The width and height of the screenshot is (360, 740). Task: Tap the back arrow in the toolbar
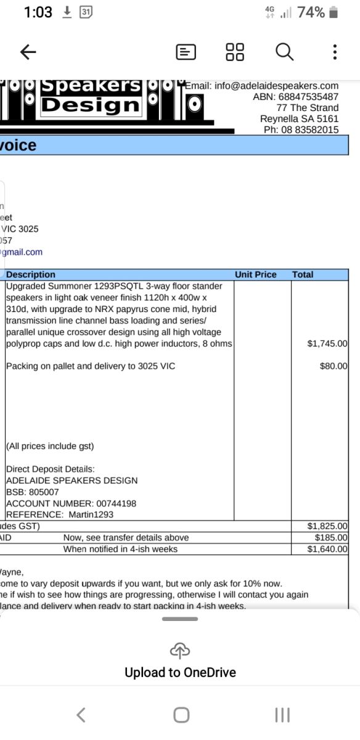click(28, 52)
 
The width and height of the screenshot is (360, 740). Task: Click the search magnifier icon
click(284, 52)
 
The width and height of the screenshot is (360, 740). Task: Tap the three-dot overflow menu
click(335, 52)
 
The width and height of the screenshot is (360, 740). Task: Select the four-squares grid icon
click(235, 52)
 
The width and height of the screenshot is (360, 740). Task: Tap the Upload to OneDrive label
click(180, 672)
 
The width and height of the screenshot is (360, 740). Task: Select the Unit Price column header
click(255, 274)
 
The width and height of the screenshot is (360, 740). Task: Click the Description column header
click(31, 274)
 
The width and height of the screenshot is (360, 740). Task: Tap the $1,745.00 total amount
click(327, 343)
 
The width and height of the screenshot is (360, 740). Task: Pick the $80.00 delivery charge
click(333, 366)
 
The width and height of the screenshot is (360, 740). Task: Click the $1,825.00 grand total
click(327, 526)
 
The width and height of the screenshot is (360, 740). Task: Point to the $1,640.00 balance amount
click(327, 549)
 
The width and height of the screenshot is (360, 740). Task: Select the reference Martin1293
click(88, 514)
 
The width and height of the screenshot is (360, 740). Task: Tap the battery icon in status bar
click(333, 12)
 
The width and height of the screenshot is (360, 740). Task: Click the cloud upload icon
click(180, 650)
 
